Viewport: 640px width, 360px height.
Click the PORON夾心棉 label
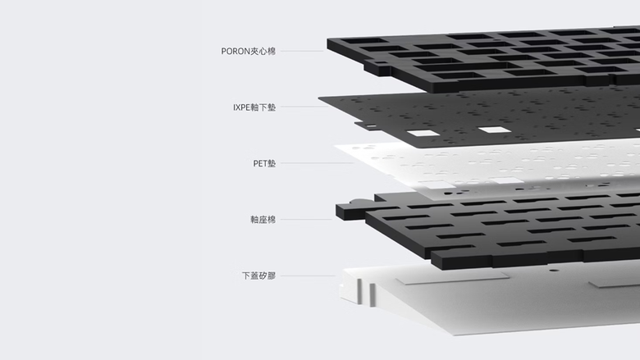point(248,51)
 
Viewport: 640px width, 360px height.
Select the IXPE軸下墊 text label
point(254,107)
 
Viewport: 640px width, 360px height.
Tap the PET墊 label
point(264,163)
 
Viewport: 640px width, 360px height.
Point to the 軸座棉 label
point(263,219)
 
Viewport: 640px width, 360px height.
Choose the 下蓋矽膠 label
point(258,276)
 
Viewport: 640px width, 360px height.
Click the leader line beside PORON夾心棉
point(302,51)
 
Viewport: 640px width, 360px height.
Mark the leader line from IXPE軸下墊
point(304,107)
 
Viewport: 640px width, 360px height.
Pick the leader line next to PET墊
point(317,163)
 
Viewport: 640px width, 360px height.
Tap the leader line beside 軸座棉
point(306,219)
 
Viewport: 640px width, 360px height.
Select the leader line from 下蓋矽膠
point(308,276)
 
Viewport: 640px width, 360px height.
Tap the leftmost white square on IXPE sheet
point(423,133)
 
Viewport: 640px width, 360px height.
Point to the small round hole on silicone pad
point(553,270)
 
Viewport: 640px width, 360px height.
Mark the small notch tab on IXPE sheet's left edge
point(370,126)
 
